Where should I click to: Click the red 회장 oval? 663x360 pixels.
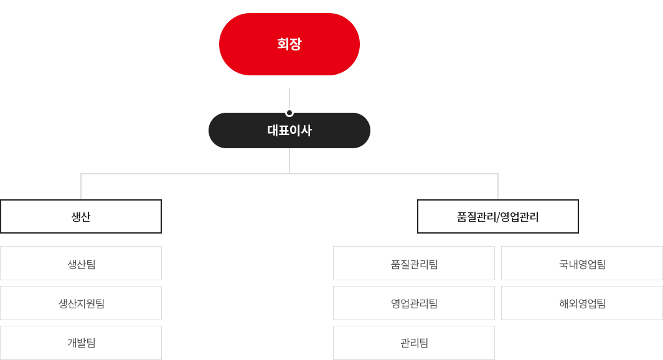pyautogui.click(x=289, y=44)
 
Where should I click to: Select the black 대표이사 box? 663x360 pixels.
pyautogui.click(x=289, y=130)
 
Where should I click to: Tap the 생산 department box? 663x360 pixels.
pyautogui.click(x=81, y=216)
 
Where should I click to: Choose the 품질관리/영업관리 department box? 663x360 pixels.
pyautogui.click(x=498, y=216)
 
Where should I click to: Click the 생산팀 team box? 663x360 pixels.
pyautogui.click(x=81, y=263)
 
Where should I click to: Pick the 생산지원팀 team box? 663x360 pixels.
pyautogui.click(x=81, y=303)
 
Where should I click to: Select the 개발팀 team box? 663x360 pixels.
pyautogui.click(x=81, y=343)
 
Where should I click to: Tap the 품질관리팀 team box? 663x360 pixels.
pyautogui.click(x=414, y=263)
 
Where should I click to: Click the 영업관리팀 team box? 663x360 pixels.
pyautogui.click(x=414, y=303)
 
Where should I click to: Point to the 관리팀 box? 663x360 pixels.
pyautogui.click(x=414, y=343)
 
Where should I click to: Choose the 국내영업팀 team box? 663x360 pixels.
pyautogui.click(x=582, y=263)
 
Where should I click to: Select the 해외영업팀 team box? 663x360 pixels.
pyautogui.click(x=582, y=303)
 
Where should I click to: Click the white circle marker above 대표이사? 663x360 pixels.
pyautogui.click(x=289, y=113)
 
